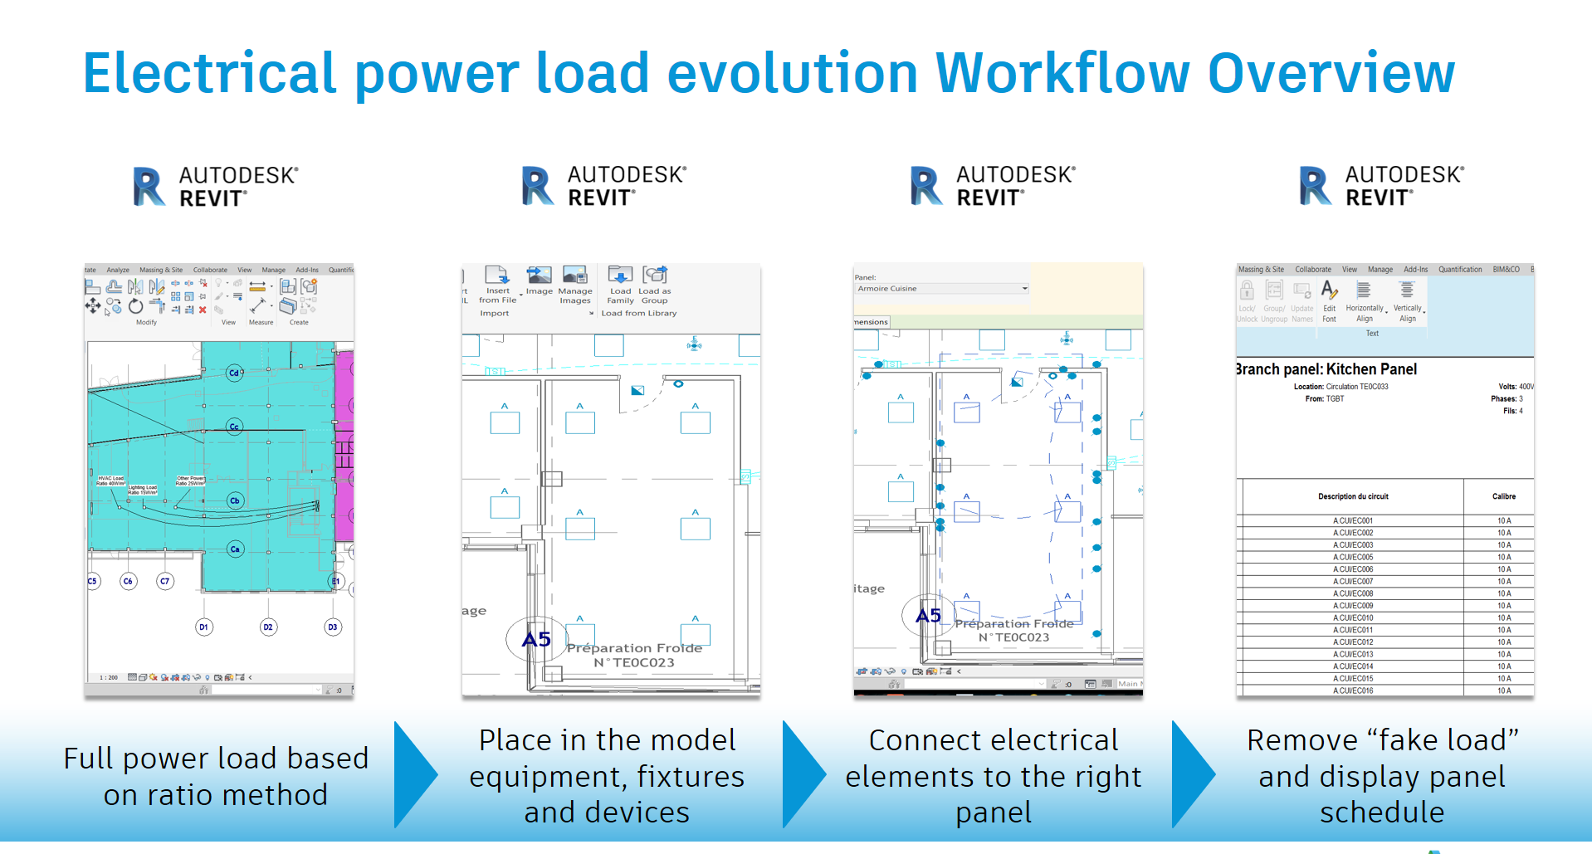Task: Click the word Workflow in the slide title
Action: point(1062,73)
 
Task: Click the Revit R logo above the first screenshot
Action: point(149,187)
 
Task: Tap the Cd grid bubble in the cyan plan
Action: point(235,373)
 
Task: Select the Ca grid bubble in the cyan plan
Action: point(236,549)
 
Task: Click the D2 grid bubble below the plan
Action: point(267,627)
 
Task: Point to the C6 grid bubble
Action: point(128,581)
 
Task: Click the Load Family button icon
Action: point(620,276)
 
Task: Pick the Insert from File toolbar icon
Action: point(497,276)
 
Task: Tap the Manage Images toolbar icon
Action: point(574,276)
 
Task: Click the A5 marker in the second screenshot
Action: point(535,640)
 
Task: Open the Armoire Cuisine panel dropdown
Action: point(1024,289)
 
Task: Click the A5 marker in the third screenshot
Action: point(928,616)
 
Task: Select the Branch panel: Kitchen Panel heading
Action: point(1326,369)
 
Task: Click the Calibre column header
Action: point(1503,496)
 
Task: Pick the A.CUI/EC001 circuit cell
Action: point(1353,521)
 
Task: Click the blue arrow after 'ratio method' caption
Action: point(415,775)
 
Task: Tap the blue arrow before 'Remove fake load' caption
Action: point(1193,775)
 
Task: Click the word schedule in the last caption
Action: point(1382,813)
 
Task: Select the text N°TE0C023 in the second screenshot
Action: point(634,662)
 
